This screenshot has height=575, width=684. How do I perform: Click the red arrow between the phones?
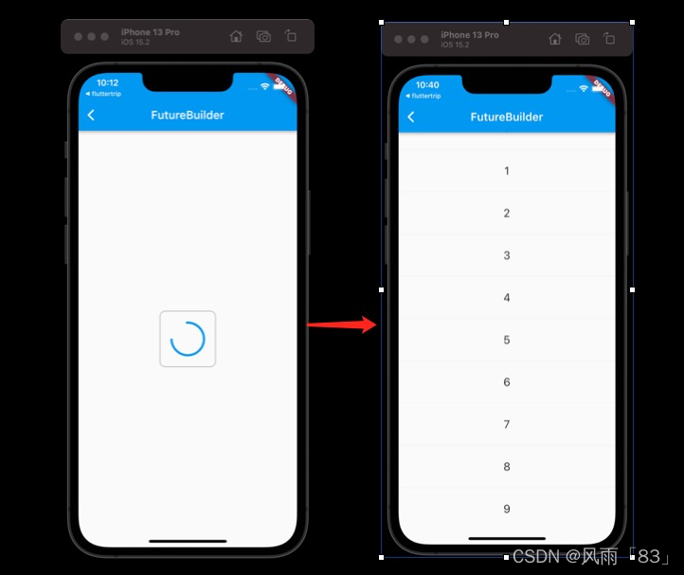pos(342,325)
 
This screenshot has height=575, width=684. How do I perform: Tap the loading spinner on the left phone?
pos(188,339)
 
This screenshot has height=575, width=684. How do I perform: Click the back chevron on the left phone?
pos(91,115)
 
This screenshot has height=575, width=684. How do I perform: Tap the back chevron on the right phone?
pos(410,117)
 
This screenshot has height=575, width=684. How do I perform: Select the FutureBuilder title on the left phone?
pos(188,115)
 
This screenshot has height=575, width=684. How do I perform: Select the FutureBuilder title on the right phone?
pos(507,117)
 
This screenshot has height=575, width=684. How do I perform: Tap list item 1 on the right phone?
pos(507,171)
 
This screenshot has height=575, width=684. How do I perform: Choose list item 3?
pos(507,255)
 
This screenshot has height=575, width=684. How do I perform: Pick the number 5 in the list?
pos(507,340)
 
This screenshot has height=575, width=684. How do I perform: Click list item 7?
pos(507,424)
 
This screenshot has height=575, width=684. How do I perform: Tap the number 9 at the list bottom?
pos(507,509)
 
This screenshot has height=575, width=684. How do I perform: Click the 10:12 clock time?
pos(107,83)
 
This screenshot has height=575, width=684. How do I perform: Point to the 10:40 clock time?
pos(427,84)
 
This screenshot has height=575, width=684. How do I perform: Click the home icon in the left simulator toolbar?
pos(236,36)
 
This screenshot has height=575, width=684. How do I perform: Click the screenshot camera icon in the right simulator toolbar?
pos(583,39)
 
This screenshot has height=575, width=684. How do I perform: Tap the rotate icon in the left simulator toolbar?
pos(291,36)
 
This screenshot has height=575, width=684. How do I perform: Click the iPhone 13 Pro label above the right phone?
pos(469,35)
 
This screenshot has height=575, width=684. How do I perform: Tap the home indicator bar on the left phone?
pos(188,541)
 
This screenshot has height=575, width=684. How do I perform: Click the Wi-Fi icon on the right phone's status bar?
pos(584,88)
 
